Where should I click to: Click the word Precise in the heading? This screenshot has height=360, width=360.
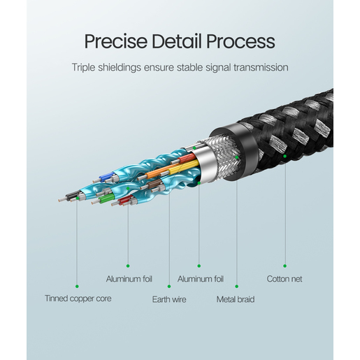[x=115, y=41]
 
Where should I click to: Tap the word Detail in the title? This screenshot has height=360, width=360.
[x=177, y=41]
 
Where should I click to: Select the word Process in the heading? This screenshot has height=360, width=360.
[x=240, y=41]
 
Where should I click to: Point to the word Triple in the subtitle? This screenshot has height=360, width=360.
[x=84, y=68]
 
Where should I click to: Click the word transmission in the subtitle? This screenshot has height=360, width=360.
[x=261, y=67]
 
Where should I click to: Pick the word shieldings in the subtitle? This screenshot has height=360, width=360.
[x=120, y=68]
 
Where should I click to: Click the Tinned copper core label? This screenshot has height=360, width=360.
[x=78, y=298]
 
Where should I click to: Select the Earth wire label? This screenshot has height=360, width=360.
[x=169, y=299]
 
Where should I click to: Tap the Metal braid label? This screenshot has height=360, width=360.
[x=236, y=299]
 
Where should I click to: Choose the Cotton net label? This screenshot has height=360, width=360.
[x=285, y=279]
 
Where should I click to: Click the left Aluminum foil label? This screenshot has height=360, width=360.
[x=129, y=279]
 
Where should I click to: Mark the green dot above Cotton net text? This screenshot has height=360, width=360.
[x=285, y=266]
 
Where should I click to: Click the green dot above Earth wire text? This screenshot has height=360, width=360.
[x=169, y=287]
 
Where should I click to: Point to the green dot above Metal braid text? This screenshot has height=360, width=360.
[x=237, y=287]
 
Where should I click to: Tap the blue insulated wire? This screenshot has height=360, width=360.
[x=106, y=178]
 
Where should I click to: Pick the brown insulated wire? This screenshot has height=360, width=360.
[x=155, y=183]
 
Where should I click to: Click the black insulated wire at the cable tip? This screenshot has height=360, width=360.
[x=73, y=195]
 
